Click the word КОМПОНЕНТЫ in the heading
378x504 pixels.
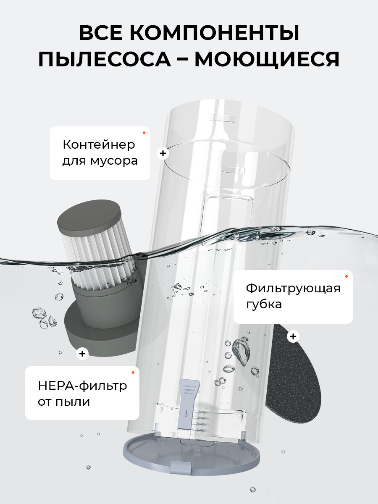(x=214, y=33)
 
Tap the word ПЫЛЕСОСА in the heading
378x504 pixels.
(x=105, y=59)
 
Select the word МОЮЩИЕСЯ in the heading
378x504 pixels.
(x=267, y=60)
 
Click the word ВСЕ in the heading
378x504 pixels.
(x=100, y=33)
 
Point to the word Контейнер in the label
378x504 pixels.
(x=99, y=144)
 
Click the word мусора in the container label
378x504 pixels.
(x=114, y=161)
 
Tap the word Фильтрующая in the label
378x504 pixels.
(x=293, y=289)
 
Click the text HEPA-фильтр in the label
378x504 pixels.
(x=82, y=386)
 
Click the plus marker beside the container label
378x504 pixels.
(x=163, y=153)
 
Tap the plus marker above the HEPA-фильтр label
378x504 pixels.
(x=82, y=354)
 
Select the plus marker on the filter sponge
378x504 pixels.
(x=293, y=336)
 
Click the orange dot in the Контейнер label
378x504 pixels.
(x=144, y=133)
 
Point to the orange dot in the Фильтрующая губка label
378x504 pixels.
(x=346, y=276)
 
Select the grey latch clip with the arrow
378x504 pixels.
(x=187, y=404)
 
